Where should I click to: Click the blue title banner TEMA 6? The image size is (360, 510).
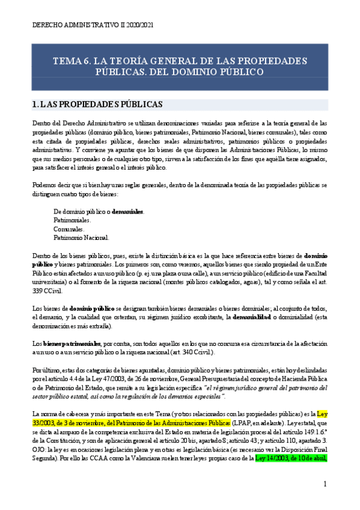click(x=180, y=66)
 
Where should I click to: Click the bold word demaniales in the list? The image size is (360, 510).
click(x=128, y=212)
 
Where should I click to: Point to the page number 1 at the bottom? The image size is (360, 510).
click(x=325, y=484)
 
